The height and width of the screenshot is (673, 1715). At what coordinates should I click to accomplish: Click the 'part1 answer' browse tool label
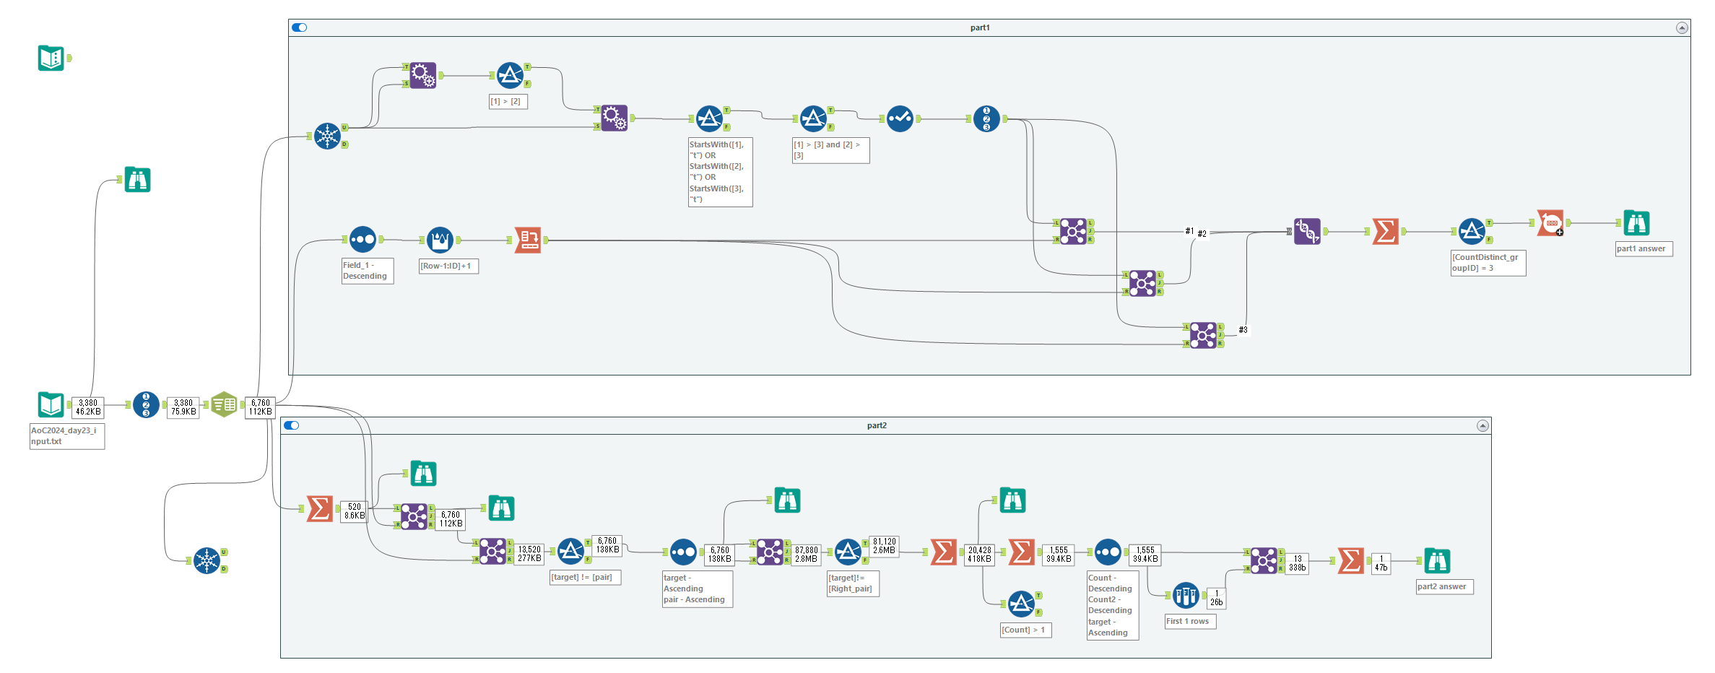point(1643,248)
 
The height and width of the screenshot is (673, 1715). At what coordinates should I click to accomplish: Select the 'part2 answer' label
point(1443,586)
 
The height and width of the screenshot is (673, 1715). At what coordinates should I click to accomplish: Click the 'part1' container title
point(980,27)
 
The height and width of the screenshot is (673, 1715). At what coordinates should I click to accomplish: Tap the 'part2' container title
point(877,425)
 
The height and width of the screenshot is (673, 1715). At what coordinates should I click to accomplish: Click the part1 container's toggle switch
point(299,27)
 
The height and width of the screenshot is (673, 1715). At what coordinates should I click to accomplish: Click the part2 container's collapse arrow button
point(1482,425)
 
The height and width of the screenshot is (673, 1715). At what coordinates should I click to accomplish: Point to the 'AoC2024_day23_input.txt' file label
point(66,436)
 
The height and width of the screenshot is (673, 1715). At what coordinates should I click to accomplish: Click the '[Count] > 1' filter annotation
point(1025,630)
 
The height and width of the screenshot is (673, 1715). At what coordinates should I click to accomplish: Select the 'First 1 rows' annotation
point(1189,621)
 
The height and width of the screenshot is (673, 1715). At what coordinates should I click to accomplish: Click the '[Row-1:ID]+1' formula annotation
point(448,266)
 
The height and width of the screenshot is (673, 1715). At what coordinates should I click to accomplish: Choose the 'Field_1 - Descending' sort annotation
point(367,271)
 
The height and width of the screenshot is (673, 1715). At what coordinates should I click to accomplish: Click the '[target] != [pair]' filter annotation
point(584,577)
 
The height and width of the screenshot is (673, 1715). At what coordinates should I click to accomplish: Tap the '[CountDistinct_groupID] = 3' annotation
point(1488,263)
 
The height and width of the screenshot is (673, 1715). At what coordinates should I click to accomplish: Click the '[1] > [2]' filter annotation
point(508,102)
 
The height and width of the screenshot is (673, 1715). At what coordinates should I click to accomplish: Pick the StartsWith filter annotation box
point(720,172)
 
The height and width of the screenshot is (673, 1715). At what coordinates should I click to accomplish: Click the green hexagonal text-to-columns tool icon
point(224,404)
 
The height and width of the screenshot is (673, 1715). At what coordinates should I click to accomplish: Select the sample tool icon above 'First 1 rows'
point(1186,596)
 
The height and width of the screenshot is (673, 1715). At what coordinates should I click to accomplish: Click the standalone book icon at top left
point(51,58)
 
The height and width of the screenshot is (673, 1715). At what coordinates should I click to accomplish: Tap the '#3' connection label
point(1243,330)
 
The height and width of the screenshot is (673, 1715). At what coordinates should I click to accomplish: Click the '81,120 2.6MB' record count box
point(885,546)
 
